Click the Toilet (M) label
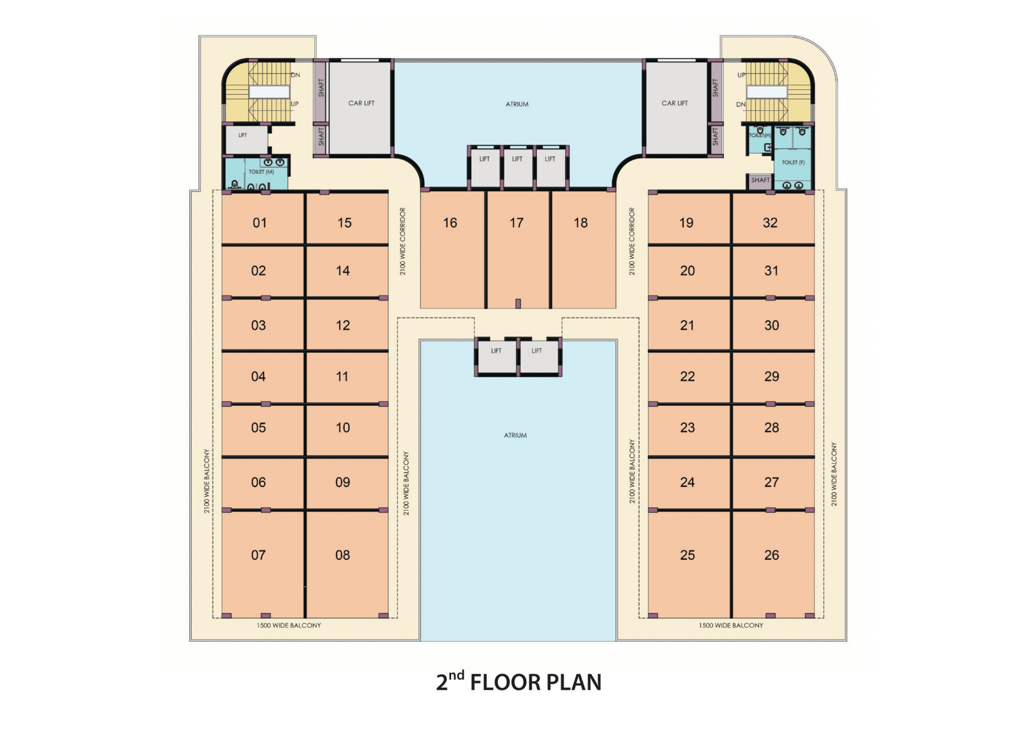point(261,172)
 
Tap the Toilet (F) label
point(793,163)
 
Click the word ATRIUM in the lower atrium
point(515,435)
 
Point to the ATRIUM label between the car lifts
point(517,104)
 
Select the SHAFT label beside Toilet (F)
point(760,180)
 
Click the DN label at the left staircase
point(296,75)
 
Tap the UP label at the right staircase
point(741,75)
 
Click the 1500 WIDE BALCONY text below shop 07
point(289,625)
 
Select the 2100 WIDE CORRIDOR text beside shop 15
point(403,241)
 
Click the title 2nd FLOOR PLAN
point(519,682)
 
